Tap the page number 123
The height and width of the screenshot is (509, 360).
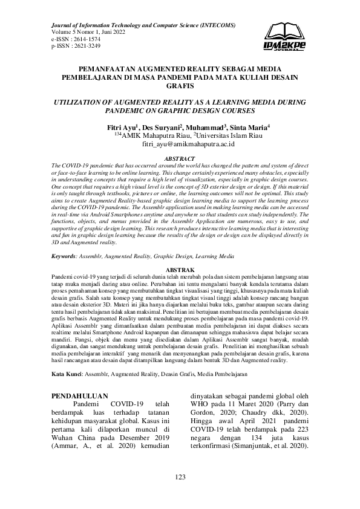click(180, 478)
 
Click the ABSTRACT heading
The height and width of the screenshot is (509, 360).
click(180, 158)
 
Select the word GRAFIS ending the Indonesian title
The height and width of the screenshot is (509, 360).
click(180, 86)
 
